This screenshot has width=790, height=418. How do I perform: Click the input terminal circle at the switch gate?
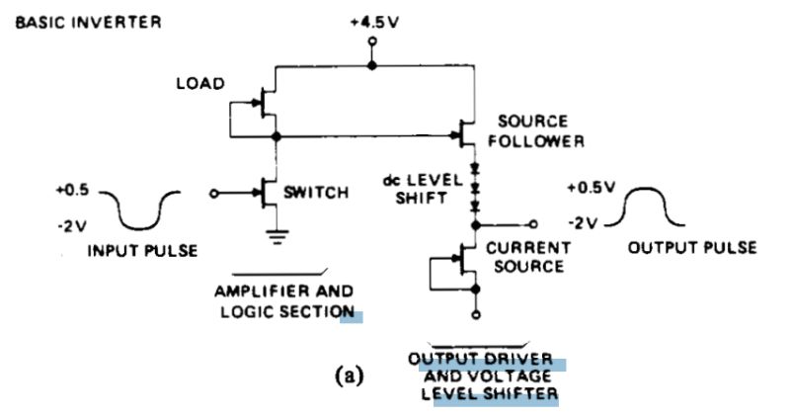click(x=214, y=194)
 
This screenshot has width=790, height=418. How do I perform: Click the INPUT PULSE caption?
click(x=142, y=250)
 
